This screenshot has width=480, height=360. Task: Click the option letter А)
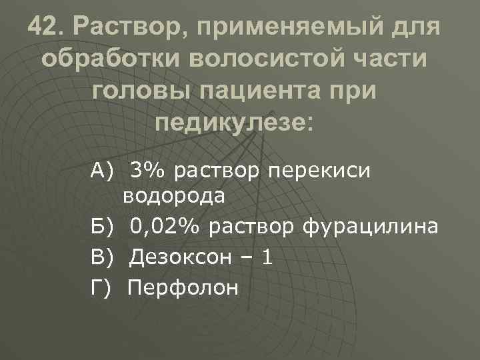tap(103, 171)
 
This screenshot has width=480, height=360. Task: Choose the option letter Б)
tap(103, 227)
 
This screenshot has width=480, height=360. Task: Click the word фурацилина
tap(370, 227)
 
